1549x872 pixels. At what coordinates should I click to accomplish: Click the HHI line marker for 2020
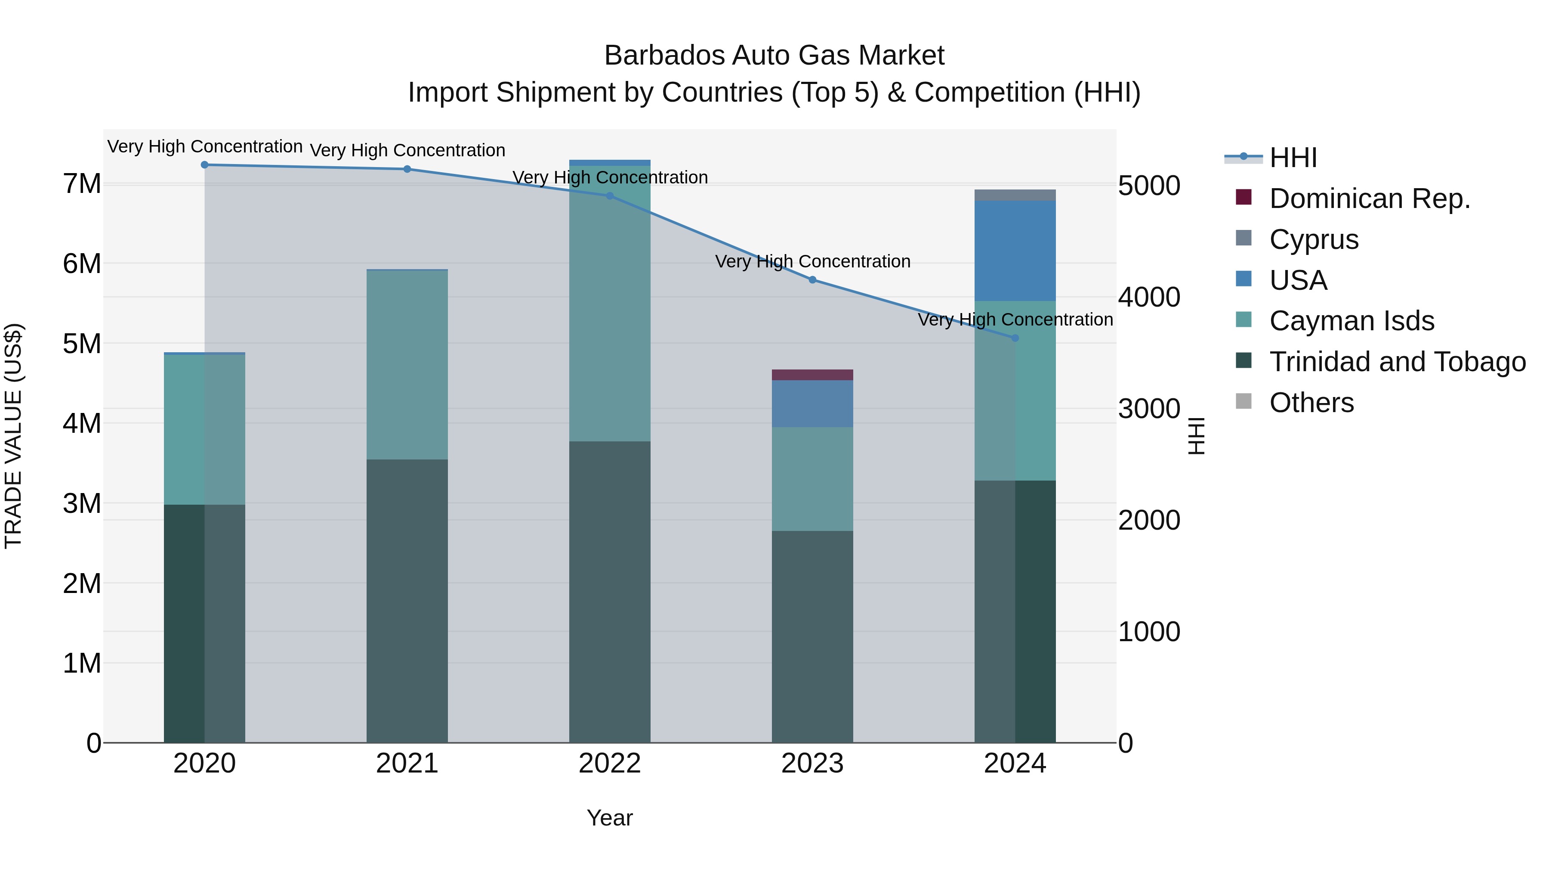[x=204, y=165]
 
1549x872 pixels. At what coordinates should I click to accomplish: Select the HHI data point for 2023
[x=812, y=280]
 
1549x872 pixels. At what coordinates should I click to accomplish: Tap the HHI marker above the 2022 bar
[x=610, y=196]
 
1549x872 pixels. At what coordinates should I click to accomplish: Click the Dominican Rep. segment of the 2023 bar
[x=812, y=375]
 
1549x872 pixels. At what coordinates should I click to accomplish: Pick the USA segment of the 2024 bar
[x=1015, y=250]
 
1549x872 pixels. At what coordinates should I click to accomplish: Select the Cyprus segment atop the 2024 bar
[x=1015, y=195]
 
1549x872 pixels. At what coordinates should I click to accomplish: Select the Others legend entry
[x=1311, y=403]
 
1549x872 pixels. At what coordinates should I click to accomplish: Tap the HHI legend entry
[x=1293, y=158]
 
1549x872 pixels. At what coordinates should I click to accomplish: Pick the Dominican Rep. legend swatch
[x=1244, y=197]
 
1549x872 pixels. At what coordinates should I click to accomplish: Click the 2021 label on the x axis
[x=407, y=763]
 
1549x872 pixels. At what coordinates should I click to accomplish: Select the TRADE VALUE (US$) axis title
[x=13, y=436]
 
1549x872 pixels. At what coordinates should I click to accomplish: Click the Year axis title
[x=610, y=818]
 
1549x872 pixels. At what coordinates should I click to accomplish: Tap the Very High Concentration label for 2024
[x=1015, y=320]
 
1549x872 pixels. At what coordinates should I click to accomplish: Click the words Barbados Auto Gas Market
[x=774, y=56]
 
